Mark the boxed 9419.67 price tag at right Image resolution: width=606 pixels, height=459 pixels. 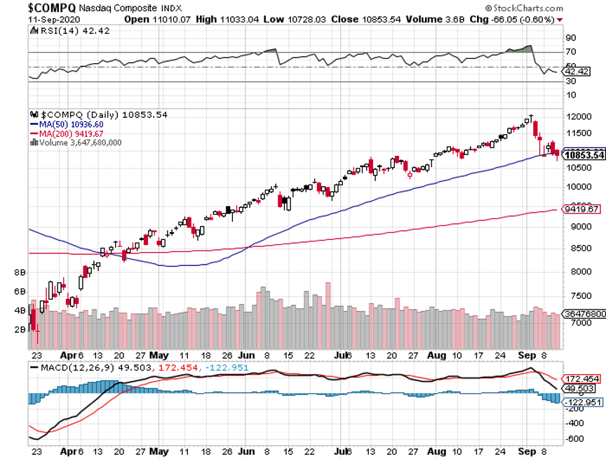[584, 209]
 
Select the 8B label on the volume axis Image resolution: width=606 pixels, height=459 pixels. [19, 272]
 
